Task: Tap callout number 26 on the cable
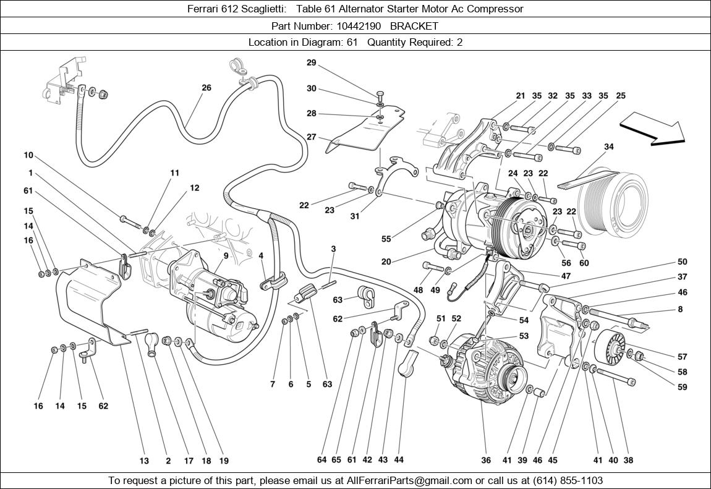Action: pyautogui.click(x=206, y=88)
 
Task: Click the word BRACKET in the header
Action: pyautogui.click(x=414, y=26)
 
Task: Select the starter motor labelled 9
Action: pyautogui.click(x=213, y=291)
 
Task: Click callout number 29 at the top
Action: pyautogui.click(x=311, y=62)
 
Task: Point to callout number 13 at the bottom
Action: pyautogui.click(x=144, y=460)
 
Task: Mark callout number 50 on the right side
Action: pyautogui.click(x=682, y=262)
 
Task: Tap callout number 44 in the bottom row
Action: pyautogui.click(x=399, y=460)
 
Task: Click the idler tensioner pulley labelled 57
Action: pyautogui.click(x=609, y=349)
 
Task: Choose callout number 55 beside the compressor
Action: pyautogui.click(x=386, y=238)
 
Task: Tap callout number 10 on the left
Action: pyautogui.click(x=28, y=155)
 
